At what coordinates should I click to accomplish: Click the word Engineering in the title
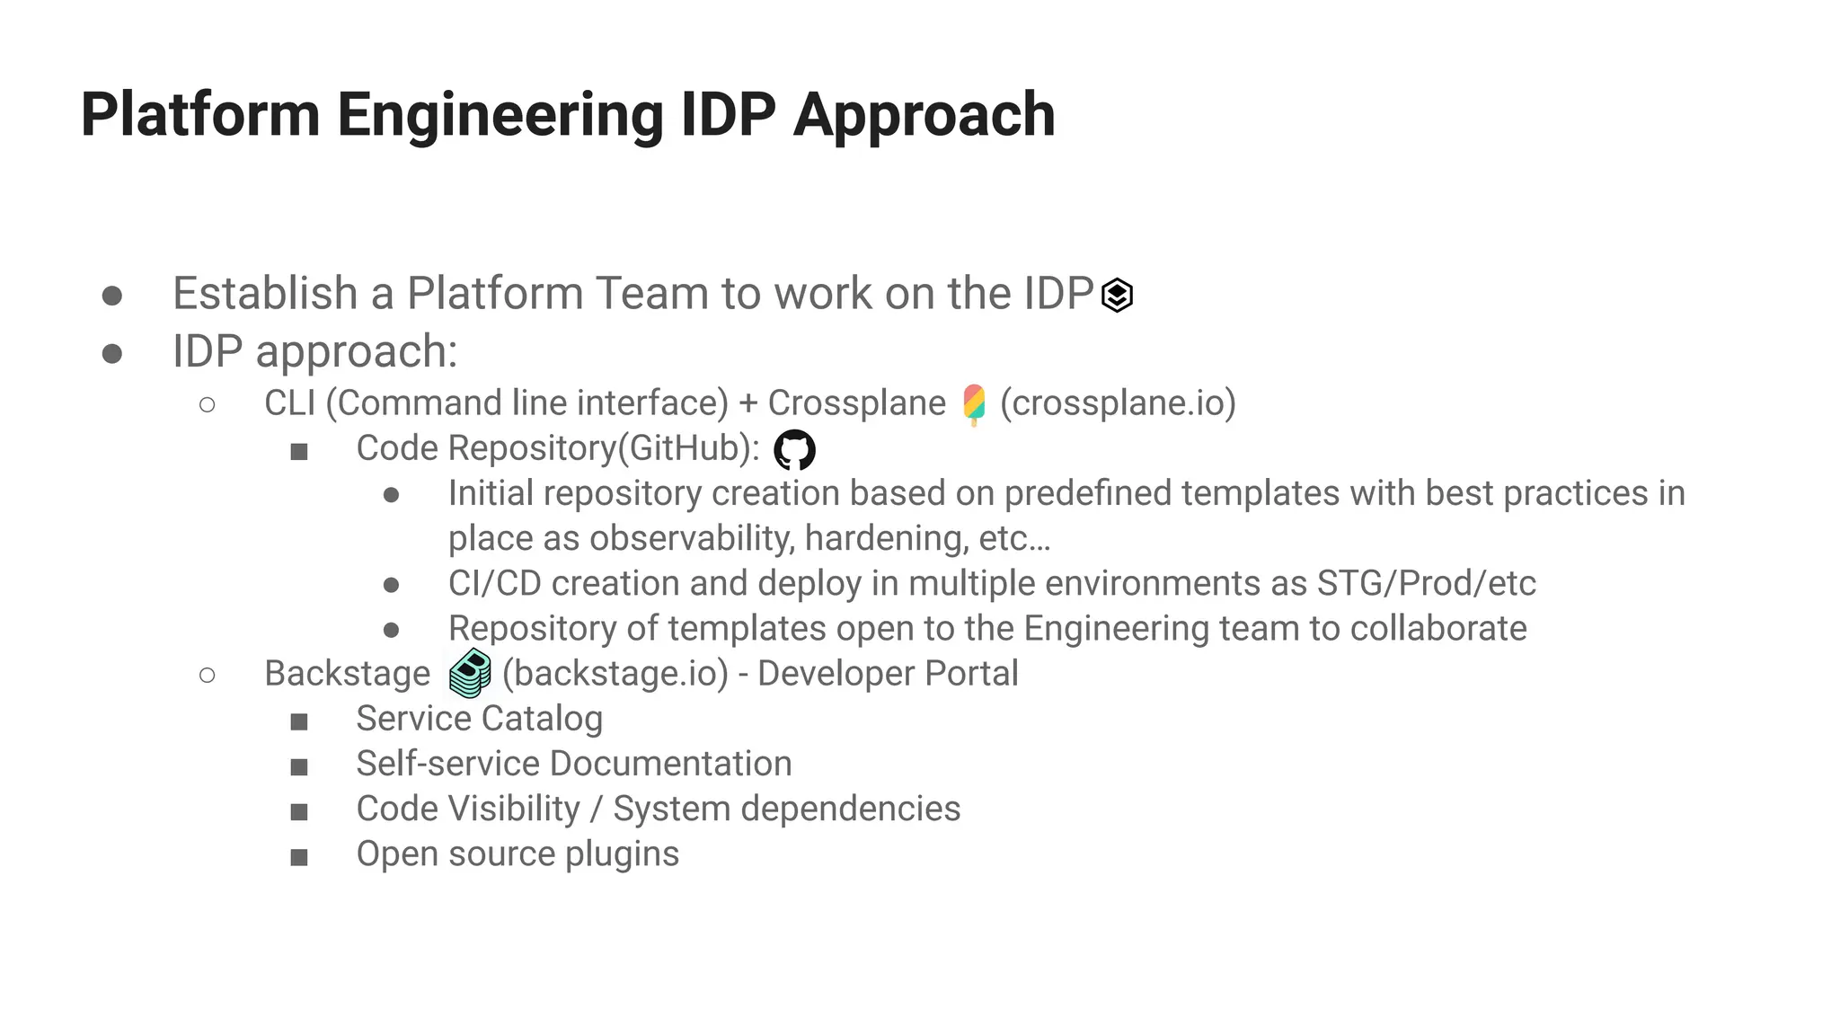coord(500,115)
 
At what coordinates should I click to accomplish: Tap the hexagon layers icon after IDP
coord(1117,295)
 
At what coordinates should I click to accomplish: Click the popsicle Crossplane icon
coord(974,404)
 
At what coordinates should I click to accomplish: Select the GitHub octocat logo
coord(794,449)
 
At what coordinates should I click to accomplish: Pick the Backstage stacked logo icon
coord(470,674)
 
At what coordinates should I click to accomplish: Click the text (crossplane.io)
coord(1118,403)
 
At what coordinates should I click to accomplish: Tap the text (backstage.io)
coord(615,674)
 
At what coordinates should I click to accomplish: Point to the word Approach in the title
coord(924,115)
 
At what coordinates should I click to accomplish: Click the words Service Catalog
coord(479,719)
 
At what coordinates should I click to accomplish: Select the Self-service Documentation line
coord(573,764)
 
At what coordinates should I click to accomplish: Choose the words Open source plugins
coord(517,854)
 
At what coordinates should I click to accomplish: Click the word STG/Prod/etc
coord(1426,583)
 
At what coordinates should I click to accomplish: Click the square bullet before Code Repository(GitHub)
coord(299,451)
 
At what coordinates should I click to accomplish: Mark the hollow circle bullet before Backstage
coord(208,675)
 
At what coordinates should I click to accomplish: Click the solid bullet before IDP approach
coord(112,353)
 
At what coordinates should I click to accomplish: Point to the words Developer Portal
coord(888,674)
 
